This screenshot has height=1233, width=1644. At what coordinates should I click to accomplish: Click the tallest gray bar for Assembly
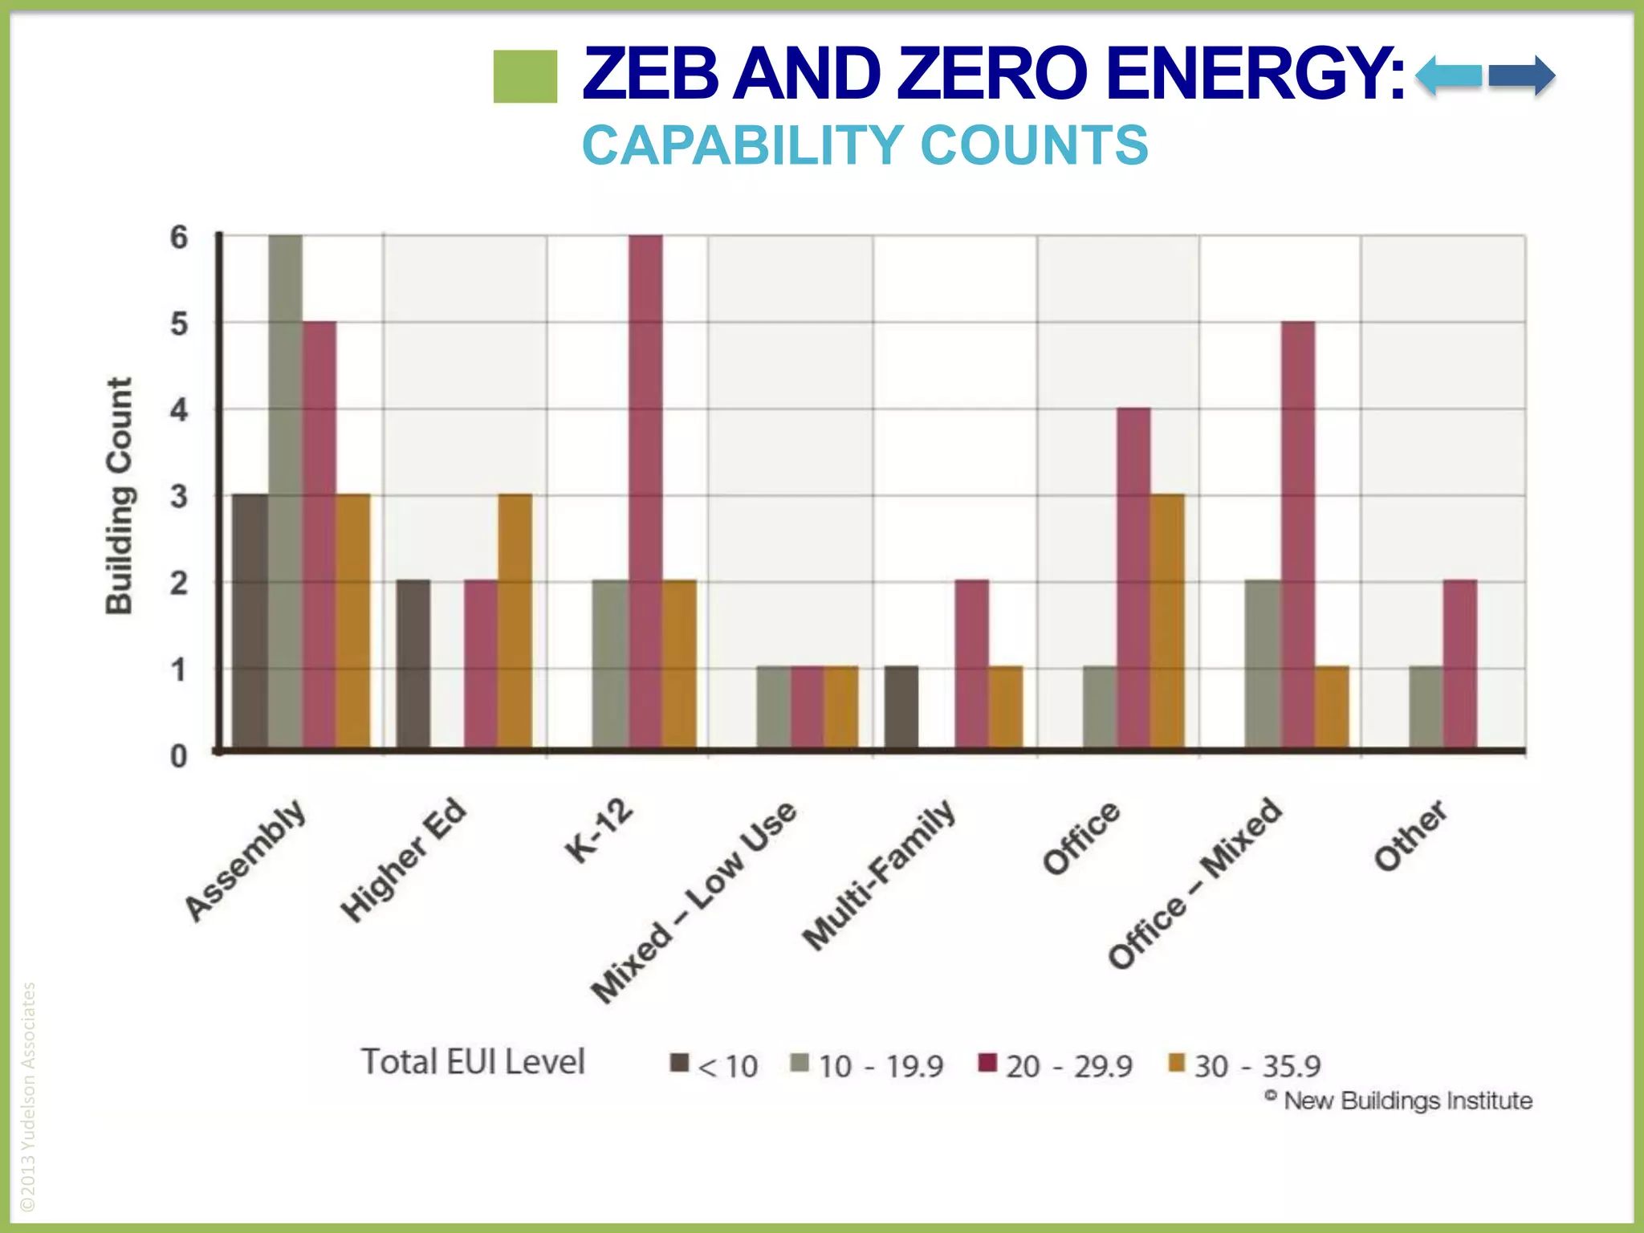coord(286,491)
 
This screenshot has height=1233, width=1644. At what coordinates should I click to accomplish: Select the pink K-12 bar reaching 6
coord(645,491)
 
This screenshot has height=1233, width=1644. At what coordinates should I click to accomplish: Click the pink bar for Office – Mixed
coord(1298,535)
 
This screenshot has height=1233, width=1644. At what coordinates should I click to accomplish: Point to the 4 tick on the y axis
coord(178,410)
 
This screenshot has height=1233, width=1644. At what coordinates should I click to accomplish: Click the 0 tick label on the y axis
coord(178,756)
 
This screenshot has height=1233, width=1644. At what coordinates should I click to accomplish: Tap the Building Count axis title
coord(119,496)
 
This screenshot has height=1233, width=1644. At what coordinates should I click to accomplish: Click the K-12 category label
coord(599,830)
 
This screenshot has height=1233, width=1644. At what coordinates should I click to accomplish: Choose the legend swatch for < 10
coord(680,1063)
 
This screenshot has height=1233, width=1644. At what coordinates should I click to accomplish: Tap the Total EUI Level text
coord(473,1061)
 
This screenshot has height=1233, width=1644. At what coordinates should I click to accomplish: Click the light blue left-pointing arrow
coord(1448,76)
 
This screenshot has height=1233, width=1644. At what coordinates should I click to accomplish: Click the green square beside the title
coord(525,76)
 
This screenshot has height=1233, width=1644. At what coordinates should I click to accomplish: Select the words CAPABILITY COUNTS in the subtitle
coord(865,145)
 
